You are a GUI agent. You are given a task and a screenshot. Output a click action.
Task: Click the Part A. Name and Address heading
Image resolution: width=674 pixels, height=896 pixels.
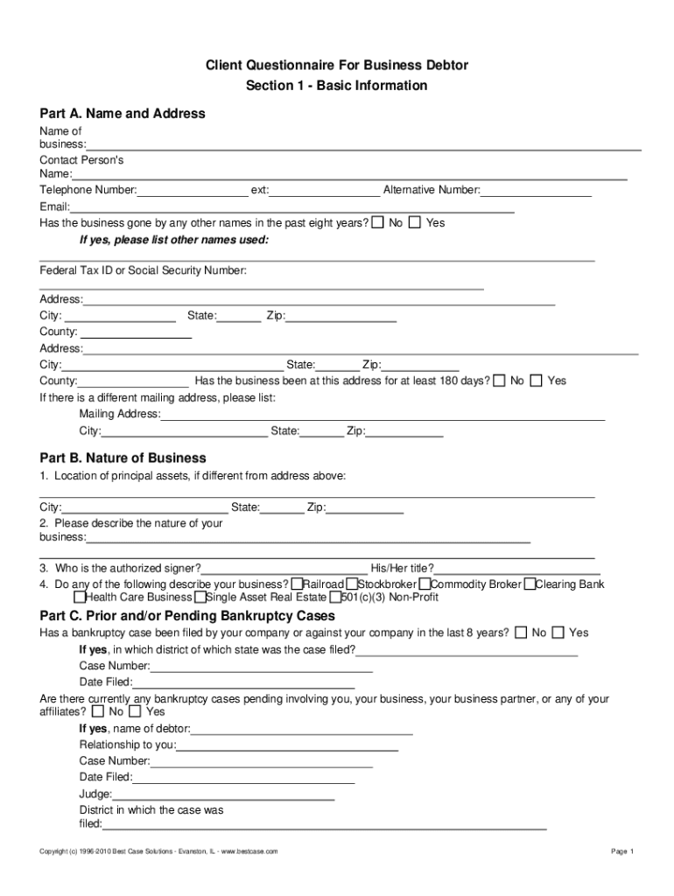(123, 113)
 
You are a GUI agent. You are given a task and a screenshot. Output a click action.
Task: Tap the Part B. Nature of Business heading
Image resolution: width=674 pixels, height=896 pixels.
(123, 458)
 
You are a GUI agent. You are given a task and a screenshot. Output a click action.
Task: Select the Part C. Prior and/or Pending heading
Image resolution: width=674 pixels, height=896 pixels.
(187, 615)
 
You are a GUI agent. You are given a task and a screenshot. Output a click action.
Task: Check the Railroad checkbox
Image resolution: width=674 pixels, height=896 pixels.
(298, 584)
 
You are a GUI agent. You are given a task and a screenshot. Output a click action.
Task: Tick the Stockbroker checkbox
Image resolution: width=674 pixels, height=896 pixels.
(351, 584)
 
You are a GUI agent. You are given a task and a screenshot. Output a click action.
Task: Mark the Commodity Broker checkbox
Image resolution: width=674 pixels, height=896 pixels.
(425, 584)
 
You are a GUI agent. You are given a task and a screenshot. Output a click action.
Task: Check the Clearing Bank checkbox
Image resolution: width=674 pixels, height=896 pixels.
(530, 584)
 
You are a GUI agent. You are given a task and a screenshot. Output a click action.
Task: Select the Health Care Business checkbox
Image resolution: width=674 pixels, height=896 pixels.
(80, 598)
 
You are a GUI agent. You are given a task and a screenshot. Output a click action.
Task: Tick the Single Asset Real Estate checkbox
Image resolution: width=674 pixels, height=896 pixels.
(200, 598)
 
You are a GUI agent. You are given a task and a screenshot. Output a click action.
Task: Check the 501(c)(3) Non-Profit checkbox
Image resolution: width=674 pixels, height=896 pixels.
(335, 598)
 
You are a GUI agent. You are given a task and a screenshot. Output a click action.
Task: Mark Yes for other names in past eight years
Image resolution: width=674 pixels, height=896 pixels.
(415, 222)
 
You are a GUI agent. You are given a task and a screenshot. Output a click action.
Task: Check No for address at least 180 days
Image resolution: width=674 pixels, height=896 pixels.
(499, 381)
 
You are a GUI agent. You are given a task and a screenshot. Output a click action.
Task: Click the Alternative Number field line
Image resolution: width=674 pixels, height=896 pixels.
(536, 194)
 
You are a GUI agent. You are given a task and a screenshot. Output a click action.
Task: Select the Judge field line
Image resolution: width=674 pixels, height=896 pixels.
(223, 798)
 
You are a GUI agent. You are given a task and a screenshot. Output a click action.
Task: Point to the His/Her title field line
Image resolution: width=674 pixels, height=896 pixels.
(516, 571)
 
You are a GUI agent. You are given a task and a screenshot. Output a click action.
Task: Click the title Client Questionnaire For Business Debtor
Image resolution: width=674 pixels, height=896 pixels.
(337, 65)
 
